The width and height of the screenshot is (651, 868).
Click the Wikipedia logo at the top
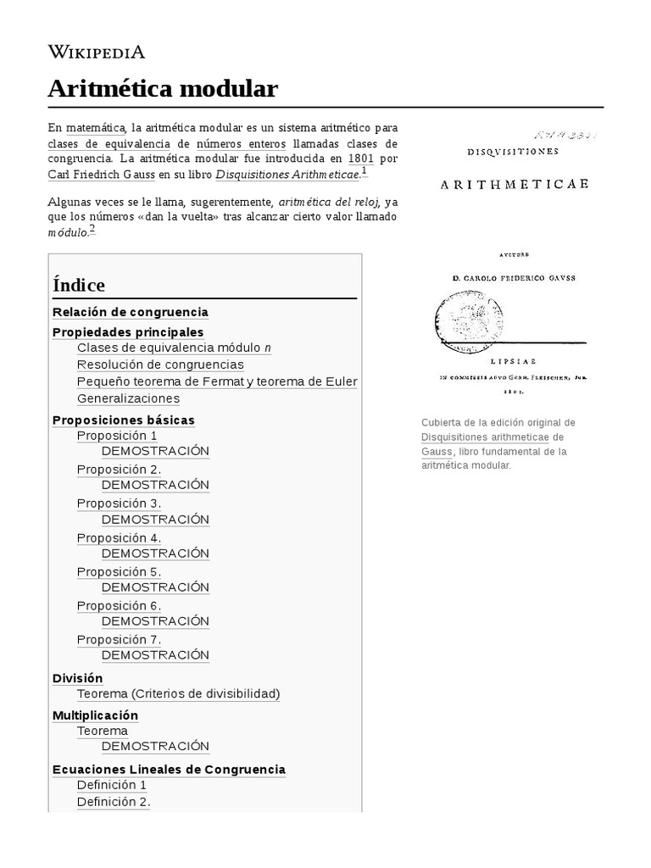(x=96, y=53)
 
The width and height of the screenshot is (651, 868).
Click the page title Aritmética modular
(x=162, y=88)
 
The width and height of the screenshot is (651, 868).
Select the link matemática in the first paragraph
(x=96, y=127)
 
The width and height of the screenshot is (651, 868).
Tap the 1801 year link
(x=360, y=158)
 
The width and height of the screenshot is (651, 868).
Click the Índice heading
(x=79, y=284)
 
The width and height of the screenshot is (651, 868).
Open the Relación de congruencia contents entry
(x=131, y=312)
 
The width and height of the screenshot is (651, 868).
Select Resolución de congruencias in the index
(x=160, y=364)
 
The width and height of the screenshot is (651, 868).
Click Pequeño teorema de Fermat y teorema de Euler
(x=217, y=381)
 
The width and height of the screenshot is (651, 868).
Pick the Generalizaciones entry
(x=128, y=398)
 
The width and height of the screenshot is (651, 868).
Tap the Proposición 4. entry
(x=119, y=537)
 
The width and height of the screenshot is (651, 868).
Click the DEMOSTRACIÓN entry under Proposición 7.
(x=155, y=655)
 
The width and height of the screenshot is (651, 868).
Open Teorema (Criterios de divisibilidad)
(x=178, y=693)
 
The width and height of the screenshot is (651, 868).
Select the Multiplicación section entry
(x=95, y=715)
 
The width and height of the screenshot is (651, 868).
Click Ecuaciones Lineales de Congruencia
(x=169, y=770)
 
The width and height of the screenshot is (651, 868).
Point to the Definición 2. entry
(x=114, y=802)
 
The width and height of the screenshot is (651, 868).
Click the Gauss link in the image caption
(x=437, y=452)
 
